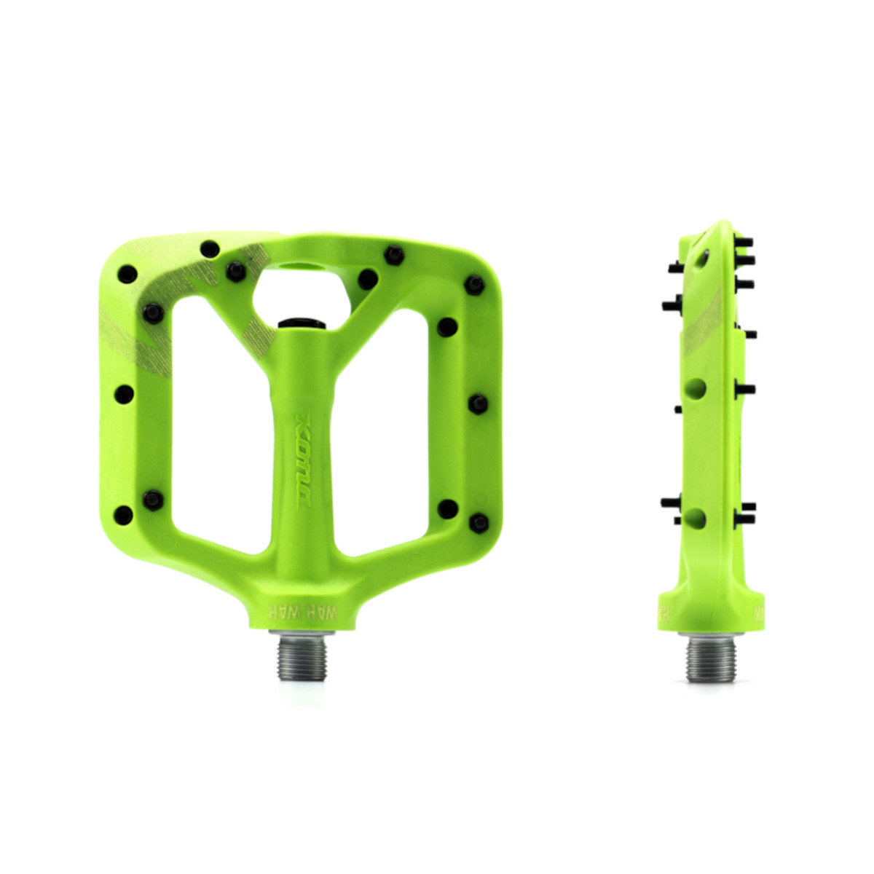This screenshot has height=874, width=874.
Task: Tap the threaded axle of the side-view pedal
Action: pyautogui.click(x=712, y=658)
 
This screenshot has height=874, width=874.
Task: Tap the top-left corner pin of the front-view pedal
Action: pyautogui.click(x=127, y=275)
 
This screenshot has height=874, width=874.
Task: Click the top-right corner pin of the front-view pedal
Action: pyautogui.click(x=475, y=283)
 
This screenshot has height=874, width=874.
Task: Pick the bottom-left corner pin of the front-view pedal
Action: pyautogui.click(x=124, y=515)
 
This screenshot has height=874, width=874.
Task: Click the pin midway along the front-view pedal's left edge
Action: pyautogui.click(x=125, y=395)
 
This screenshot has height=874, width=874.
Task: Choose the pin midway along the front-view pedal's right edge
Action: pyautogui.click(x=478, y=403)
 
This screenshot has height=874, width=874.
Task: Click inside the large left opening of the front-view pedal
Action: pyautogui.click(x=219, y=430)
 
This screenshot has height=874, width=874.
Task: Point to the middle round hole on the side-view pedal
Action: pyautogui.click(x=696, y=388)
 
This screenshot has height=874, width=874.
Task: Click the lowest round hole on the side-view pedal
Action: pyautogui.click(x=696, y=518)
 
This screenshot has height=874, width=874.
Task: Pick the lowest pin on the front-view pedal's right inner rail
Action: pyautogui.click(x=447, y=508)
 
